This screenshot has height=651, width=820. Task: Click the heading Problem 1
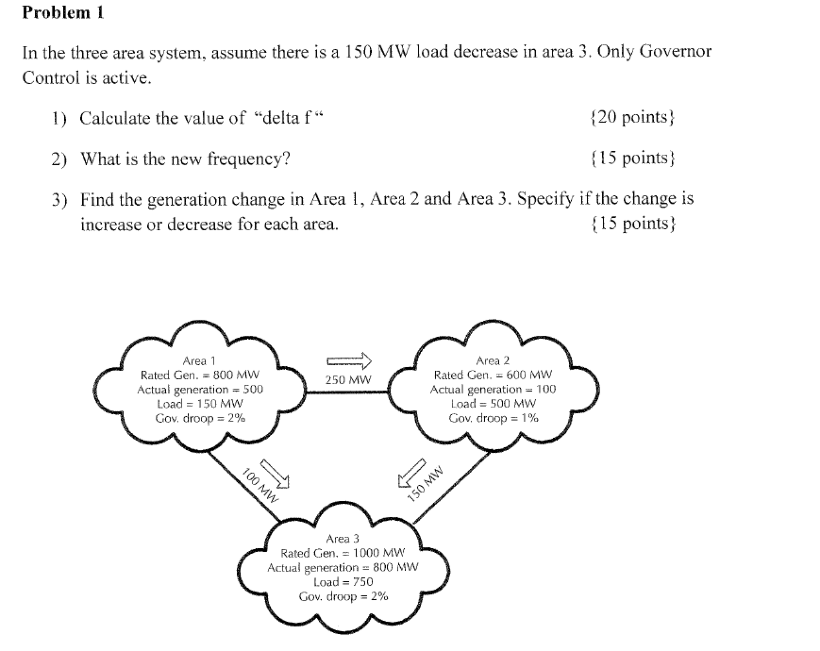tap(63, 13)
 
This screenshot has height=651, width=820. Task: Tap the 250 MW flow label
tap(348, 380)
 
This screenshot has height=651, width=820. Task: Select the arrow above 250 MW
tap(349, 361)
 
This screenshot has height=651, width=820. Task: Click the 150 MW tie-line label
tap(426, 484)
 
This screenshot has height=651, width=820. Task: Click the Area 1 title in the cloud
tap(199, 361)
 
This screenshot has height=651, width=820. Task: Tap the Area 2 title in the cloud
tap(493, 361)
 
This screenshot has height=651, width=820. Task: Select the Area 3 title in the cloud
tap(343, 539)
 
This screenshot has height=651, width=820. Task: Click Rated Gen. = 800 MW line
tap(200, 375)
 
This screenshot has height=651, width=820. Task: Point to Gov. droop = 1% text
tap(493, 418)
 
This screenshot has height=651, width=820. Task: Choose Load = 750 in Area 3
tap(343, 582)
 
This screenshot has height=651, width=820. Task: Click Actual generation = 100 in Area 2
tap(493, 389)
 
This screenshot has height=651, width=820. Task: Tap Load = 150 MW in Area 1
tap(200, 404)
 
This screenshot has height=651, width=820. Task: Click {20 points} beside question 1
tap(632, 117)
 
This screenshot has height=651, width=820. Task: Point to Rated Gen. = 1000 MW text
tap(343, 553)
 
